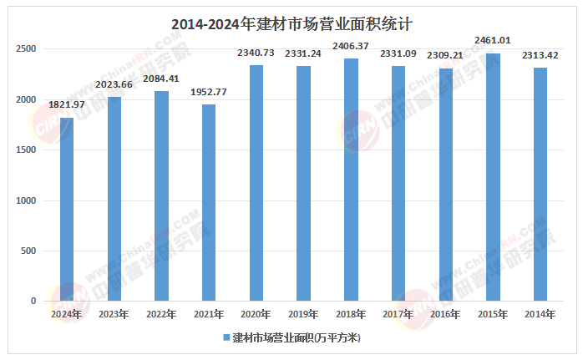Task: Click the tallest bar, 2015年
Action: pyautogui.click(x=493, y=176)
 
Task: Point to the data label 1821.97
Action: pyautogui.click(x=66, y=104)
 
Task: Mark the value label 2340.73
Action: pyautogui.click(x=256, y=52)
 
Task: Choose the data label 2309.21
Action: pyautogui.click(x=446, y=55)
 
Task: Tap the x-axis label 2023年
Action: pyautogui.click(x=114, y=314)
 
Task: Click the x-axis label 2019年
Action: pyautogui.click(x=303, y=314)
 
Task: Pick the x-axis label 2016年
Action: pyautogui.click(x=446, y=314)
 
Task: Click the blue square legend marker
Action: pyautogui.click(x=226, y=337)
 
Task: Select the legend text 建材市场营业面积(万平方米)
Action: pyautogui.click(x=296, y=337)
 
